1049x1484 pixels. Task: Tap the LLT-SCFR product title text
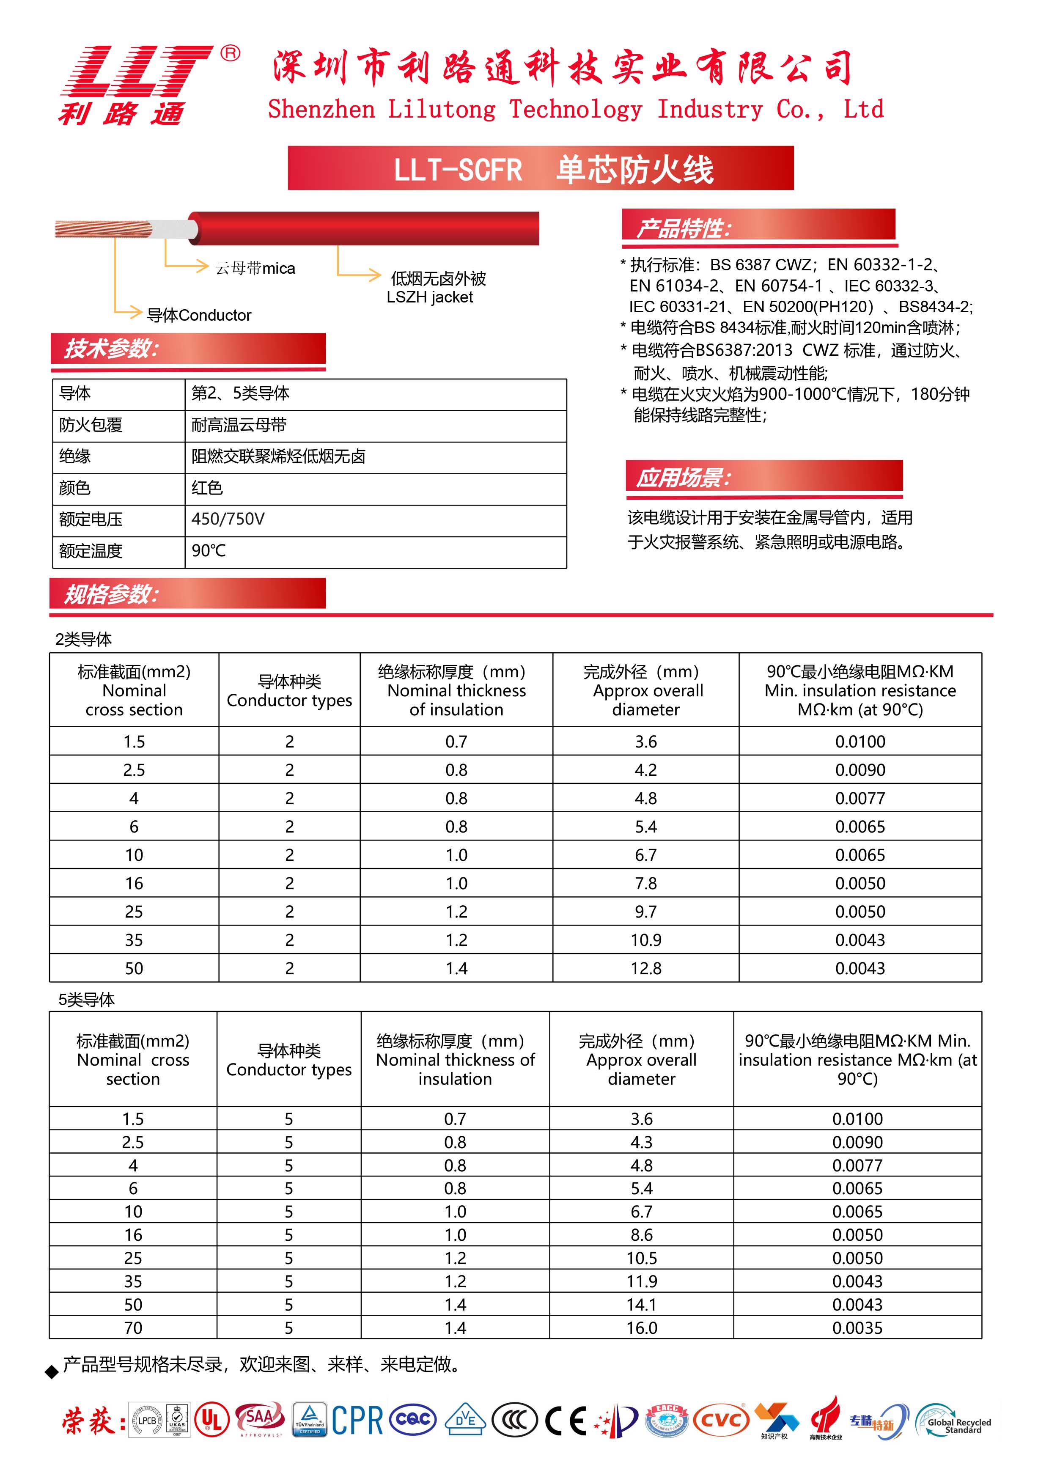[458, 169]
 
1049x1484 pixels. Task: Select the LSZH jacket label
[430, 297]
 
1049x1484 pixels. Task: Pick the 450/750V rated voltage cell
[228, 519]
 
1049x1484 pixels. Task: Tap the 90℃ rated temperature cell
[209, 551]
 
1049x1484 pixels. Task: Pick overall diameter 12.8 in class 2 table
[646, 968]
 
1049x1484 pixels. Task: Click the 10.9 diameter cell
[646, 940]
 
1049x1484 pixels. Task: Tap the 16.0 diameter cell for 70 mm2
[641, 1327]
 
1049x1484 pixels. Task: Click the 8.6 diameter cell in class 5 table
[641, 1234]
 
